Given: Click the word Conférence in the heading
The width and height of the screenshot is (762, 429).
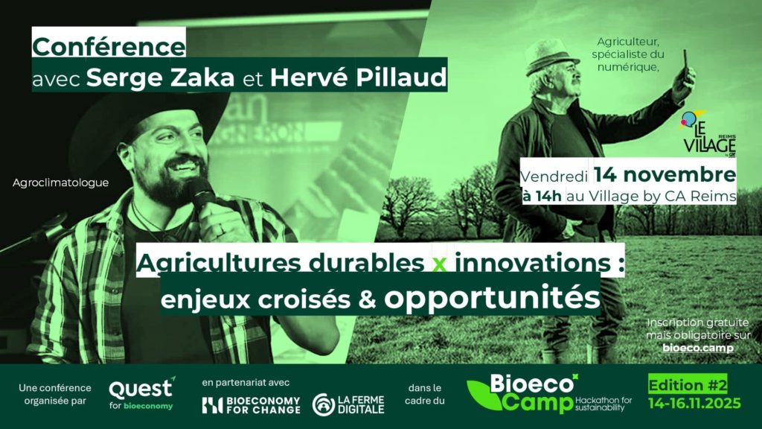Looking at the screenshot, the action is click(x=109, y=47).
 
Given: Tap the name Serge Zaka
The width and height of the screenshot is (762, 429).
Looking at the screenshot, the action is click(x=161, y=77).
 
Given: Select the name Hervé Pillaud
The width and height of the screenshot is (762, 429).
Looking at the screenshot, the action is click(x=358, y=77).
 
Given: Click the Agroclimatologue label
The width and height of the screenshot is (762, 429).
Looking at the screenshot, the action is click(x=61, y=183).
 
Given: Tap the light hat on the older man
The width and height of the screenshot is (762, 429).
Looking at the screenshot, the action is click(x=551, y=55).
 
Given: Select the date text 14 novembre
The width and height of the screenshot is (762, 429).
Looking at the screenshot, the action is click(x=665, y=174).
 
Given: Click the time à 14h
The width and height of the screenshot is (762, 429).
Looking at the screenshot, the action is click(x=542, y=197).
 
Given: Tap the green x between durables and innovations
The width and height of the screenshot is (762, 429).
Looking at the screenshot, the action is click(x=439, y=264).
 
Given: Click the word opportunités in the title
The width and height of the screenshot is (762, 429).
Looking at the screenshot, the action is click(x=492, y=298).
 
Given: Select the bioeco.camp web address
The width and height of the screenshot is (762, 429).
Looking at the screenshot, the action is click(x=698, y=349).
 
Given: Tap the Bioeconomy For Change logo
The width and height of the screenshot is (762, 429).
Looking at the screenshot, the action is click(x=252, y=405).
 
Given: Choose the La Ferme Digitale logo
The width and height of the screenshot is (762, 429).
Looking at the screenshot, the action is click(x=348, y=404).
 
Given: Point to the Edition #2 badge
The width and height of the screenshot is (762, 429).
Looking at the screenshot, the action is click(x=688, y=385).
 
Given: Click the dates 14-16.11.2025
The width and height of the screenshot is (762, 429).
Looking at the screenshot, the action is click(x=694, y=403).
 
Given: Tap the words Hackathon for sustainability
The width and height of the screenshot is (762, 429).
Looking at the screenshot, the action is click(x=603, y=404).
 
